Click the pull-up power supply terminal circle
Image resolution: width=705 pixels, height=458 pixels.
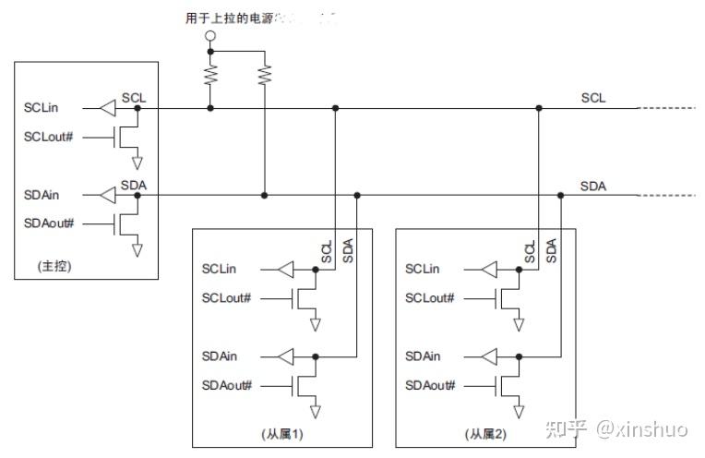[x=210, y=36]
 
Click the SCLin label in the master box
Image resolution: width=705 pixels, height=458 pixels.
[x=42, y=108]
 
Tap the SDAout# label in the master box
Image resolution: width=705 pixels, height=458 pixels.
[x=45, y=223]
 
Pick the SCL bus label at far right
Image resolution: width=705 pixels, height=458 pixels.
[x=593, y=98]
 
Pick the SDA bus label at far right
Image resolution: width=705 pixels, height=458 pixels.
[x=593, y=186]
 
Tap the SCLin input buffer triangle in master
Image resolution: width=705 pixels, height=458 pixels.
[x=109, y=108]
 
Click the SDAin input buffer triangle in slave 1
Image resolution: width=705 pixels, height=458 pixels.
[x=287, y=356]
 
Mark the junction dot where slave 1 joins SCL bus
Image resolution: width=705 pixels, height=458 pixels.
[x=335, y=108]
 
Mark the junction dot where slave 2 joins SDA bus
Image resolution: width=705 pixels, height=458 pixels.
[x=561, y=195]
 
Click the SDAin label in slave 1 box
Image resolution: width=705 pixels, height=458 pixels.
[x=220, y=356]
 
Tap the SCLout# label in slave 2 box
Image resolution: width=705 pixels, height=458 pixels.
[x=430, y=297]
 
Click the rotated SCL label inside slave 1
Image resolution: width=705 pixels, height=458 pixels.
[x=326, y=252]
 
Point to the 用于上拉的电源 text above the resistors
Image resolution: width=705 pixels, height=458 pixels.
[x=226, y=18]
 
